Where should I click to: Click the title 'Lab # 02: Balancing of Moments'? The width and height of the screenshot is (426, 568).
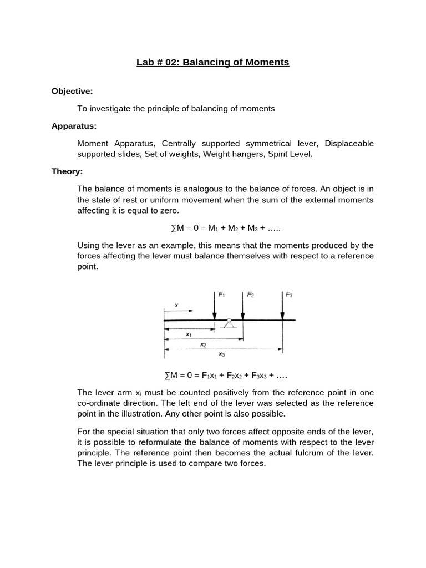pyautogui.click(x=212, y=62)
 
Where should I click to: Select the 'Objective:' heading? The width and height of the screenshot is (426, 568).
pyautogui.click(x=72, y=91)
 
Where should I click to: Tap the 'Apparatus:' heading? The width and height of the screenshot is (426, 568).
pyautogui.click(x=74, y=126)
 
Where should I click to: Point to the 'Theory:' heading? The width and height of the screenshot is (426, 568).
pyautogui.click(x=67, y=171)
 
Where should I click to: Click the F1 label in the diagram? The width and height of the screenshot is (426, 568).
pyautogui.click(x=222, y=295)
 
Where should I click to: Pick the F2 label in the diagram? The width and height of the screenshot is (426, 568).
pyautogui.click(x=250, y=295)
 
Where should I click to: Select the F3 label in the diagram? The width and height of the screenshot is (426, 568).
pyautogui.click(x=289, y=295)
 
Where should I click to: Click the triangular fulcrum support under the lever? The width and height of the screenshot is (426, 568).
pyautogui.click(x=229, y=323)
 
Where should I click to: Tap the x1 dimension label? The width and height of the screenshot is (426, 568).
pyautogui.click(x=189, y=334)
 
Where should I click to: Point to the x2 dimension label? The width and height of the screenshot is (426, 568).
pyautogui.click(x=203, y=344)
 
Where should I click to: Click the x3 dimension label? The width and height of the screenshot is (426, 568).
pyautogui.click(x=222, y=353)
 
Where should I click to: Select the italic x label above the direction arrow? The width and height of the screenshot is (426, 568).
pyautogui.click(x=176, y=305)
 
